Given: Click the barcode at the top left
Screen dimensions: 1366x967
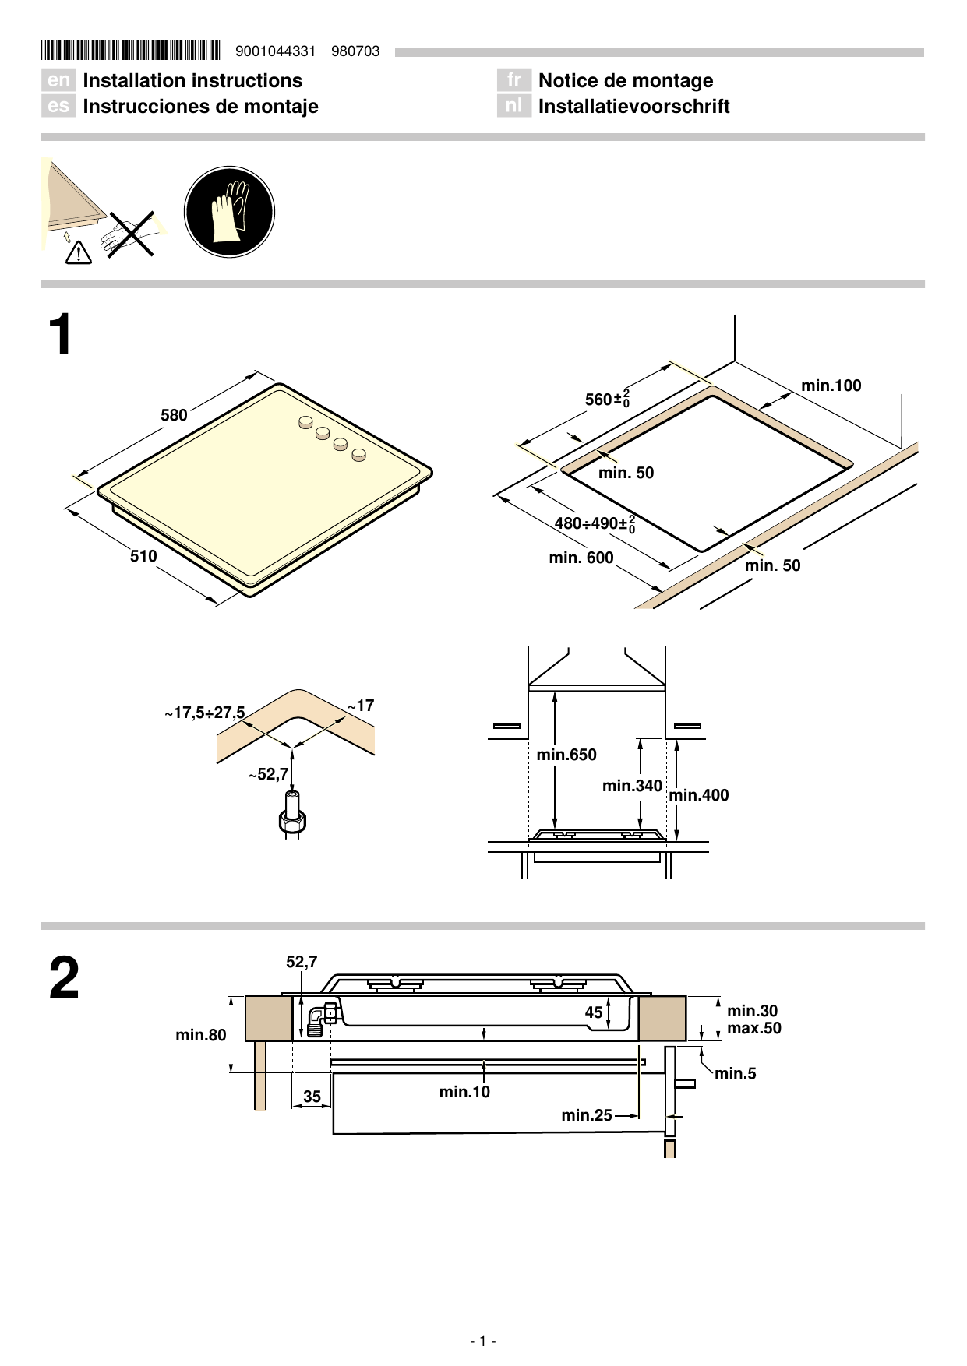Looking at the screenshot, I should (131, 51).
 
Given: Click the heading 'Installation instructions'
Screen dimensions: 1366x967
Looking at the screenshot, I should (192, 81).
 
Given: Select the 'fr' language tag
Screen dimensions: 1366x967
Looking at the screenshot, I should (513, 80).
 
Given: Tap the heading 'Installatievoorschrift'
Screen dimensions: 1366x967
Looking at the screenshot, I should (633, 107).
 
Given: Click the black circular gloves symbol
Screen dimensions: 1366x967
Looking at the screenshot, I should (229, 212).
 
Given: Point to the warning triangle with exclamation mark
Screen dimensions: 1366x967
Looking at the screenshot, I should (79, 253).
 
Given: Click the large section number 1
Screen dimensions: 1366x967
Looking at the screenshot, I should (60, 336).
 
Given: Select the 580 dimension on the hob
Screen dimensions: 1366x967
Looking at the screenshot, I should (174, 415).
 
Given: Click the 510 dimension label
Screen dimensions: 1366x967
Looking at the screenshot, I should (143, 556).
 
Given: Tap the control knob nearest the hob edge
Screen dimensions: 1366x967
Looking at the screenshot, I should (358, 455).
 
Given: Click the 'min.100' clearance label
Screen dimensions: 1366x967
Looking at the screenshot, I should (831, 386).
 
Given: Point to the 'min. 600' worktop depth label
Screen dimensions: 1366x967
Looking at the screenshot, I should (581, 558).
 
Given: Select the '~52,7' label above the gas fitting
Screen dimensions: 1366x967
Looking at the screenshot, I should (268, 774).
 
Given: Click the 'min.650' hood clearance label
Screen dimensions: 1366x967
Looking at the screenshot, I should (566, 755).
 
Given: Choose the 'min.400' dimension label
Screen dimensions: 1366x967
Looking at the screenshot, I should (699, 795).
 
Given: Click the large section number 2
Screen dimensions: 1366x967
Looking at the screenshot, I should (64, 979).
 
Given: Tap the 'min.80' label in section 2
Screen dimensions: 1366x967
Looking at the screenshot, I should (201, 1035).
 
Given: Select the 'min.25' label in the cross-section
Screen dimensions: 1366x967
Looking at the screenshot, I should (587, 1115).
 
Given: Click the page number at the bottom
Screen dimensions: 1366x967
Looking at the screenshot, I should (483, 1340).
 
